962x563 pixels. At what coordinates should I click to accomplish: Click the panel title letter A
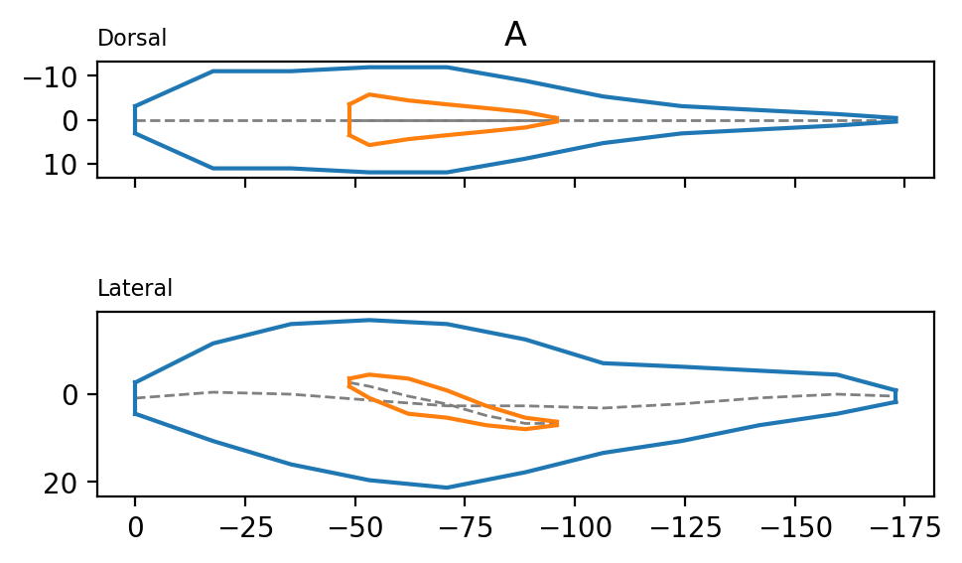pyautogui.click(x=515, y=36)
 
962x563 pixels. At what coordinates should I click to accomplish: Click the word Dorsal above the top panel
pyautogui.click(x=132, y=39)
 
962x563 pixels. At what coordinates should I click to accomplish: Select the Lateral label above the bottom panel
pyautogui.click(x=135, y=289)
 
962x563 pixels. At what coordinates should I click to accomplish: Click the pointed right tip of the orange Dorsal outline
pyautogui.click(x=557, y=120)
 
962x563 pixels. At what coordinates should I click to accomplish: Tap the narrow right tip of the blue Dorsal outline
pyautogui.click(x=896, y=119)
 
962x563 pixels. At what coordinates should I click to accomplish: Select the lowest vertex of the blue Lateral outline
pyautogui.click(x=447, y=488)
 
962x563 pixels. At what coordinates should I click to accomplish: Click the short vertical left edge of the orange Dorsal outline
pyautogui.click(x=349, y=120)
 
